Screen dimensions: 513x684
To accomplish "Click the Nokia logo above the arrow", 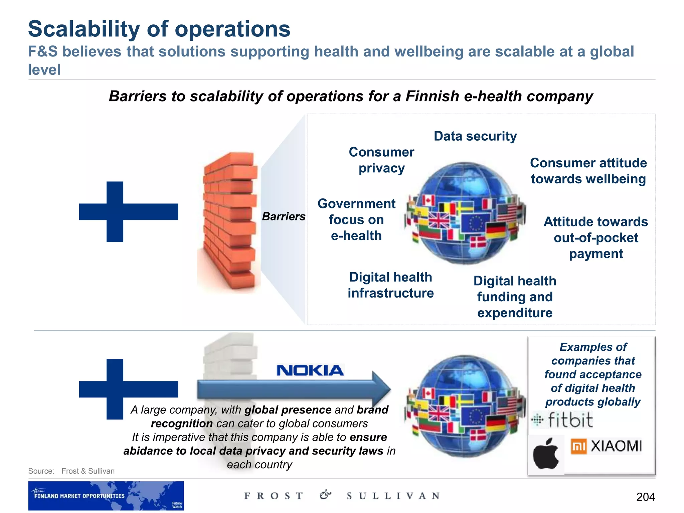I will [310, 370].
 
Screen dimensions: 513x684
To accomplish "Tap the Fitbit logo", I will [562, 420].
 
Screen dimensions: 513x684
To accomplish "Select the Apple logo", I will [546, 454].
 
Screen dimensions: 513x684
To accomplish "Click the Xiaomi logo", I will [606, 446].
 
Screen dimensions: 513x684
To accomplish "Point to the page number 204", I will [645, 497].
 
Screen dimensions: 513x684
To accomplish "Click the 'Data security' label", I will [475, 136].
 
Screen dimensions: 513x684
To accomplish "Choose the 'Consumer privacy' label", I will [381, 160].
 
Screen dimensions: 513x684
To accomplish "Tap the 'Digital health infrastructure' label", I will [390, 285].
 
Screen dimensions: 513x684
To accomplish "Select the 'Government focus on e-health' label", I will [356, 220].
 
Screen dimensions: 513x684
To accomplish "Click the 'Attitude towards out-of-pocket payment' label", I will [595, 238].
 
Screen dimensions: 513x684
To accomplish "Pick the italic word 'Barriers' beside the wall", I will [283, 216].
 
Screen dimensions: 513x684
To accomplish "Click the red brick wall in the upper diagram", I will [230, 220].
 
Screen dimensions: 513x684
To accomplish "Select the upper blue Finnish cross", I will [128, 212].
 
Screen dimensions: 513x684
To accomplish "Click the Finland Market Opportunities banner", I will [106, 496].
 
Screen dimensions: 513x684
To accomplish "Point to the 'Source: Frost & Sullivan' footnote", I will [71, 471].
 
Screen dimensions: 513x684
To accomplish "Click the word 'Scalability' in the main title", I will [83, 29].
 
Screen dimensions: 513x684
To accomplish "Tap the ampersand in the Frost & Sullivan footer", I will [325, 495].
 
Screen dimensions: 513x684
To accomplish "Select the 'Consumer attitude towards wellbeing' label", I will [588, 171].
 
